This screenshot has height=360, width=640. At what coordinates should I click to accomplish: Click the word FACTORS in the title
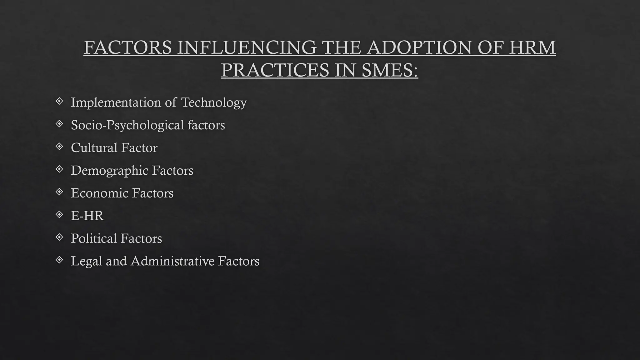tap(127, 47)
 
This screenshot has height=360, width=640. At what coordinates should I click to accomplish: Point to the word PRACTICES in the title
tap(275, 70)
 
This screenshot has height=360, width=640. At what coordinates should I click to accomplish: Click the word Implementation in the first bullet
tap(116, 102)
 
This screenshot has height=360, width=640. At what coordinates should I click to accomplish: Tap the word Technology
tap(214, 102)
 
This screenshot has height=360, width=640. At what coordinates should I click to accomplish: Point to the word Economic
tap(99, 193)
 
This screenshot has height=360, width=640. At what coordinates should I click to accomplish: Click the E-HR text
tap(87, 216)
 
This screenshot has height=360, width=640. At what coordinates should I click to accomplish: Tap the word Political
tap(93, 238)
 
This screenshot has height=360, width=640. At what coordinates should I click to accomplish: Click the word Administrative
tap(172, 261)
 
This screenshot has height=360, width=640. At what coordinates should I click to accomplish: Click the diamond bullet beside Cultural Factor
tap(59, 146)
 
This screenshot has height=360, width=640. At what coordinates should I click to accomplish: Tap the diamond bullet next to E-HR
tap(59, 214)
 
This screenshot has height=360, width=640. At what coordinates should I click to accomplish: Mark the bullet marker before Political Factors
tap(59, 237)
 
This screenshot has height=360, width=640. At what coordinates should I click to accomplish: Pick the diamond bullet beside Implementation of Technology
tap(59, 101)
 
